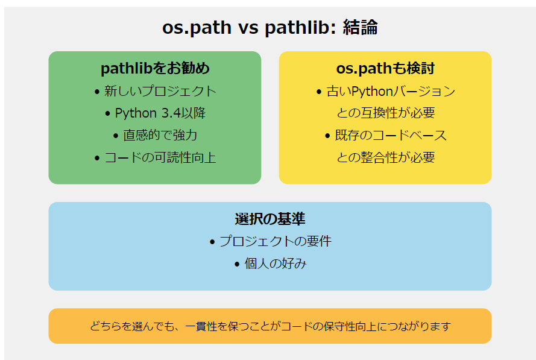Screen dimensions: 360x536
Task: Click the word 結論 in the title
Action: pos(360,28)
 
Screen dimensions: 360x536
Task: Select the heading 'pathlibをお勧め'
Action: pos(155,68)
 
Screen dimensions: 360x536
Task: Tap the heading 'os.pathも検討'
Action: pos(385,68)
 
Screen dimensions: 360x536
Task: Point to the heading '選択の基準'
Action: pos(270,218)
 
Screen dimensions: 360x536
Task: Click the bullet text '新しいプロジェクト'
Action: pos(160,92)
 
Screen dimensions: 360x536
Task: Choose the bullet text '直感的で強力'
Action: pos(160,135)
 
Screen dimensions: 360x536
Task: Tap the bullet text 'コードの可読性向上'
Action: pos(160,157)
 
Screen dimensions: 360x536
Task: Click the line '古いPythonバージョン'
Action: pos(391,92)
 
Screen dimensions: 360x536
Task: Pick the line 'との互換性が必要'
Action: pos(385,113)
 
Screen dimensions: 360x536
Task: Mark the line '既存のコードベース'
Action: pos(391,135)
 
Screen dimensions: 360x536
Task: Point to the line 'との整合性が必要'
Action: pos(385,157)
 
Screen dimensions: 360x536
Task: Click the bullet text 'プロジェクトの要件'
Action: pos(275,241)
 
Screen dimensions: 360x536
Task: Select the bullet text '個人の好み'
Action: pos(275,264)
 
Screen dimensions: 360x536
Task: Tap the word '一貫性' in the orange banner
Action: pos(201,326)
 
